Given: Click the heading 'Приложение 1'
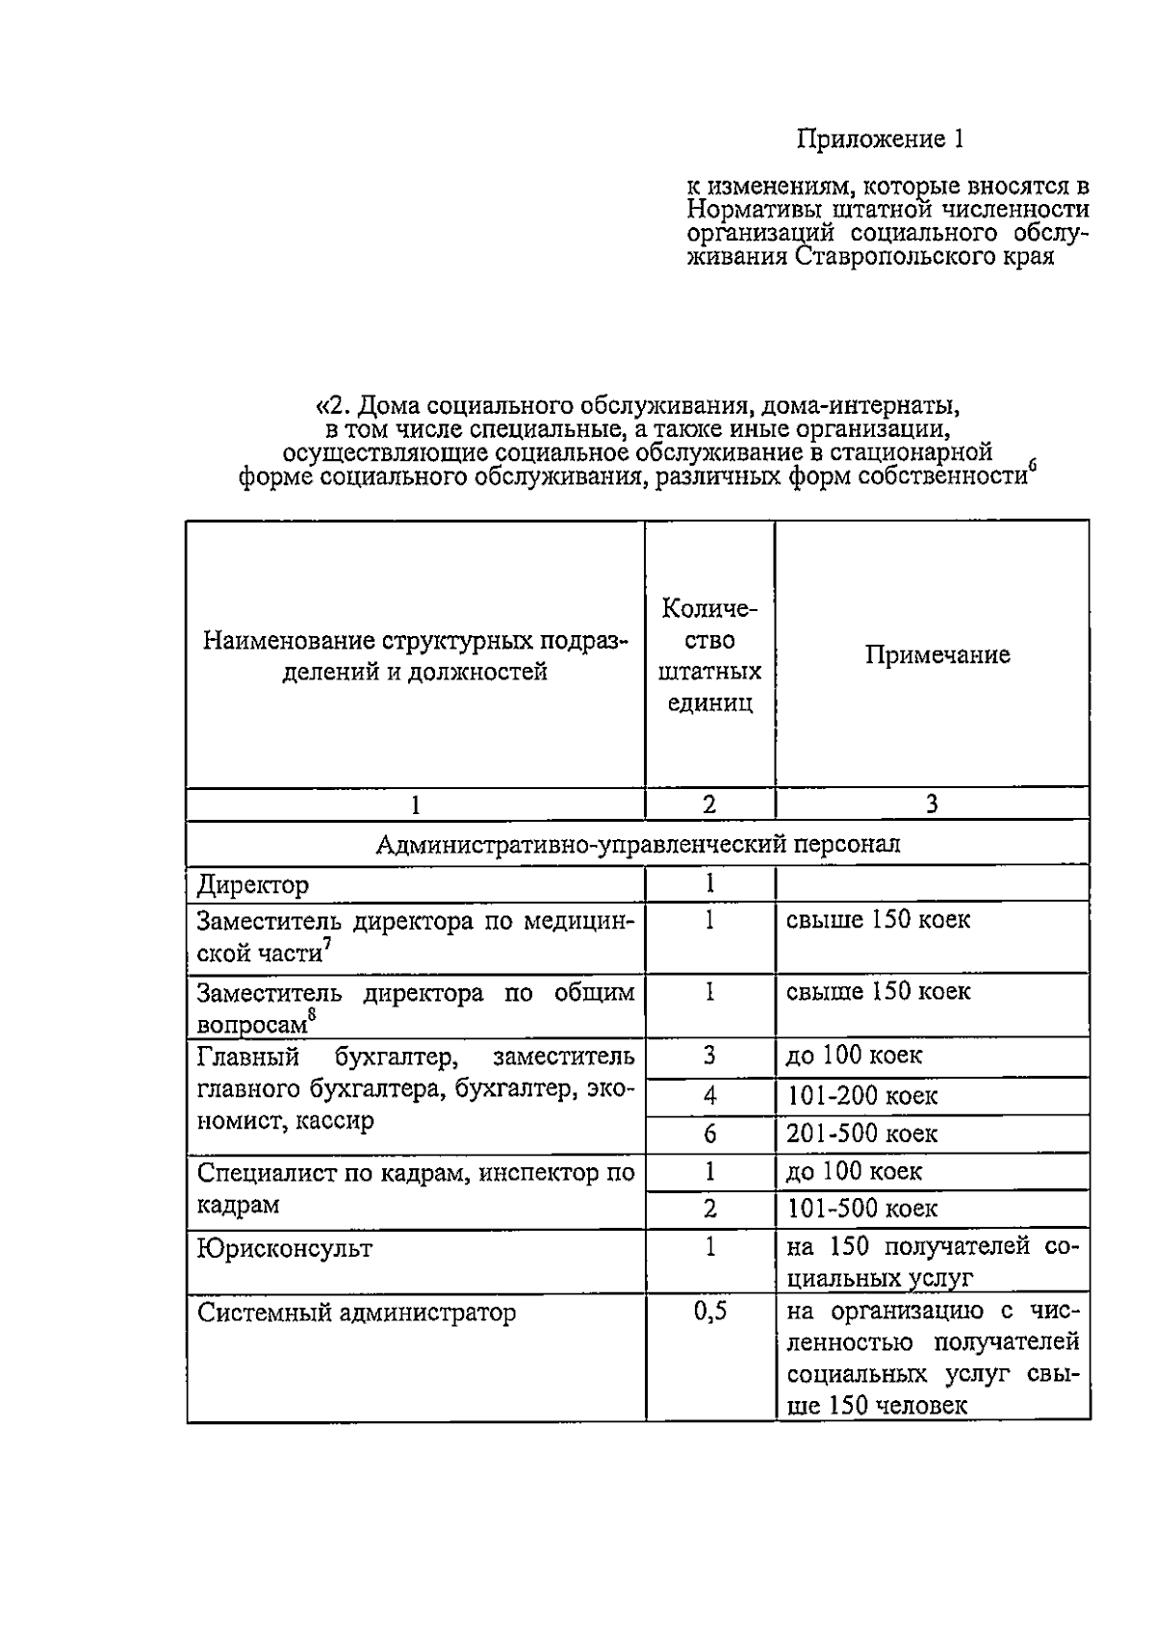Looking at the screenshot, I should [880, 140].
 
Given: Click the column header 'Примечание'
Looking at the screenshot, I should [937, 655].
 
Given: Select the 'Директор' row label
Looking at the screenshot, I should [253, 884].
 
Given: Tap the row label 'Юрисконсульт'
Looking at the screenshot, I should [285, 1249].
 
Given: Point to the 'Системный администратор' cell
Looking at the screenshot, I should [356, 1313].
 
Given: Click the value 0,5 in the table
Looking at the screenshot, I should [710, 1311].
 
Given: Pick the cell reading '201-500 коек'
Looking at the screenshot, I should [861, 1134].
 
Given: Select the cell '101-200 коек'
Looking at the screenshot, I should [861, 1096].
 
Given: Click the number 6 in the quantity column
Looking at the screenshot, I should [709, 1135].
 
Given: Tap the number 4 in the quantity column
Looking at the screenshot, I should [709, 1096].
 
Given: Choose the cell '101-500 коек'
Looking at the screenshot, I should [861, 1209].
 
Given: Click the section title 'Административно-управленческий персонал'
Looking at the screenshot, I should [637, 845].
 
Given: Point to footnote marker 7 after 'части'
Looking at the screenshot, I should [327, 944].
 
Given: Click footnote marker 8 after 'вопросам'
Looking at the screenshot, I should [311, 1013].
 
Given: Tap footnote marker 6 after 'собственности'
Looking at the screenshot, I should [1032, 469].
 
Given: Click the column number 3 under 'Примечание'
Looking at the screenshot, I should [932, 804].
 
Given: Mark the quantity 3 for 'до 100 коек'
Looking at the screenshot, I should [709, 1056].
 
